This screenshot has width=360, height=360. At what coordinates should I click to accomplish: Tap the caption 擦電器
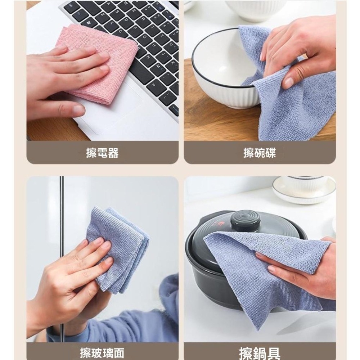point(102,153)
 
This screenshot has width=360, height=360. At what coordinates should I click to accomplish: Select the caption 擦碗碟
point(260,153)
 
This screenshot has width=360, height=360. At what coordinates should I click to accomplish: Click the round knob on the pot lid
point(246,220)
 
